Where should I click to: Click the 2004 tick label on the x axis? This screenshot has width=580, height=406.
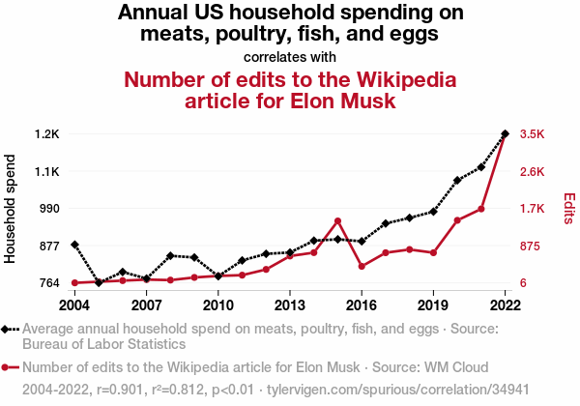coord(74,305)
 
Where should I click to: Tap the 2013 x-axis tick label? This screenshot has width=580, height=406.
coord(289,305)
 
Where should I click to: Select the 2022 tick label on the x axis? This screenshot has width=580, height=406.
coord(505,305)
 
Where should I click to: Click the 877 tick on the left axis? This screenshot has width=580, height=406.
coord(49,246)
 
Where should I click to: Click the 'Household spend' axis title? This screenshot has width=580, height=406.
coord(12,209)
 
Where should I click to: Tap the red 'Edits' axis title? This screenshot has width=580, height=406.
coord(569,209)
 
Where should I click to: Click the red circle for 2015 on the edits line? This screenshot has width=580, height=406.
coord(337,221)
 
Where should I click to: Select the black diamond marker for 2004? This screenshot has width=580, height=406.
coord(74,245)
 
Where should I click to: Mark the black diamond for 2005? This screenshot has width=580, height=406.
coord(99,282)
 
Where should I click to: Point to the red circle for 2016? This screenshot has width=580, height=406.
coord(362,266)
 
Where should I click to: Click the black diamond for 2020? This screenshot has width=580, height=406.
coord(457,181)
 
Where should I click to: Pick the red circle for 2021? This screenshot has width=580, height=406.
coord(480,209)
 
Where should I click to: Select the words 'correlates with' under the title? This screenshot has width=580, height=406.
coord(290,56)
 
